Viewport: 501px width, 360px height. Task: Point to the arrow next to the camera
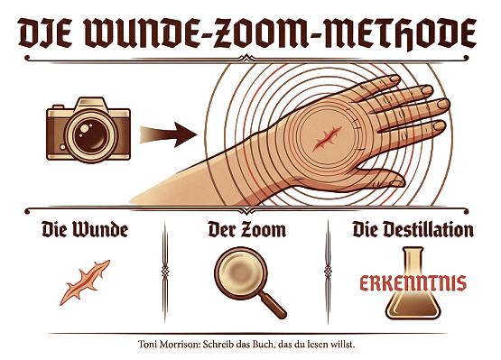pyautogui.click(x=167, y=134)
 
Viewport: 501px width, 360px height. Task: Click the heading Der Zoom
pyautogui.click(x=246, y=229)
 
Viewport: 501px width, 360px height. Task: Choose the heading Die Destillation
pyautogui.click(x=413, y=229)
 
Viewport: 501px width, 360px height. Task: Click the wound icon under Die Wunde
pyautogui.click(x=85, y=281)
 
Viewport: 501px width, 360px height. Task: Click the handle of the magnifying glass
pyautogui.click(x=273, y=304)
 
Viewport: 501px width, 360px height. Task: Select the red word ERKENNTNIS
pyautogui.click(x=413, y=282)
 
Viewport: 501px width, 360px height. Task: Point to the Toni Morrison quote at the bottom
pyautogui.click(x=248, y=344)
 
